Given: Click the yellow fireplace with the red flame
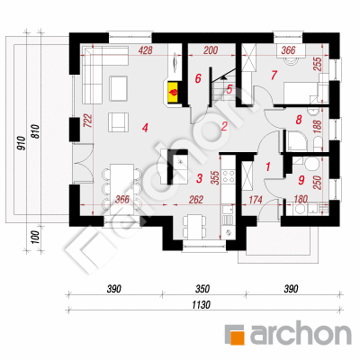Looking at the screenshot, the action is (x=174, y=93).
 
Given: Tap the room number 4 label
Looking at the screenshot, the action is (x=145, y=129).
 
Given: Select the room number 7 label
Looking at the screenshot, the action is (x=274, y=76).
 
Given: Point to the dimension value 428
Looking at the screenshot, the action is (x=146, y=50).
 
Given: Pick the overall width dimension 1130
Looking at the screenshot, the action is (x=202, y=305).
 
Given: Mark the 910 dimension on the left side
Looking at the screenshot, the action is (x=21, y=143).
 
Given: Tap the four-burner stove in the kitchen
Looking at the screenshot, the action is (x=228, y=176).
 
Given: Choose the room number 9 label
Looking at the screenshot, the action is (x=301, y=180).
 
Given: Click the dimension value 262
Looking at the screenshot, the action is (x=196, y=200).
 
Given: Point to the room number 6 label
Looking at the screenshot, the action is (x=198, y=78).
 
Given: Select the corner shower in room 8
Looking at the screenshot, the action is (x=297, y=140).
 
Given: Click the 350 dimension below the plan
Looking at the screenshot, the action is (x=202, y=289).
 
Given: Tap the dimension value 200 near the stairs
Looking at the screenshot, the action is (x=211, y=50).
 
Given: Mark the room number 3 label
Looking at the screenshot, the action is (x=200, y=178).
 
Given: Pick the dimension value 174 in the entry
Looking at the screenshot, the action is (x=256, y=200).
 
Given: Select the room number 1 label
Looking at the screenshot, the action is (x=268, y=166).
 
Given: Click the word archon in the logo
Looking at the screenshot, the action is (x=301, y=333).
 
